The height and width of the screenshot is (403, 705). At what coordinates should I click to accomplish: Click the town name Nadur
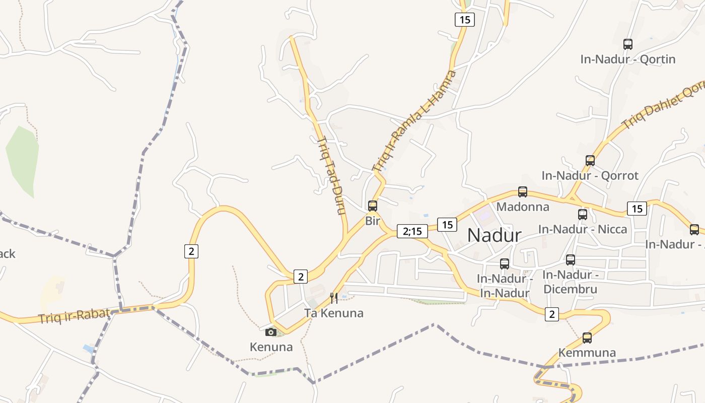click(494, 235)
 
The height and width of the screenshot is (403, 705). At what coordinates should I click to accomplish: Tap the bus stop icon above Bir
click(373, 206)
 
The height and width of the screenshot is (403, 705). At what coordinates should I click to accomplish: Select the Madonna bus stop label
click(523, 207)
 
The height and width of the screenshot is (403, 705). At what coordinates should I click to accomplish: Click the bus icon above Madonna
click(523, 192)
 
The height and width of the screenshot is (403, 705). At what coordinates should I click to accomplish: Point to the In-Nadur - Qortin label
click(627, 59)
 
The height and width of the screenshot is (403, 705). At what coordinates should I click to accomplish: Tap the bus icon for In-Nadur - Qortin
click(627, 44)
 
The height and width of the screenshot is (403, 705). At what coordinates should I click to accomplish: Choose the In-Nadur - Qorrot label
click(590, 175)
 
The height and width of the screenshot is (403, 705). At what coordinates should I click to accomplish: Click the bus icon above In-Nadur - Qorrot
click(590, 161)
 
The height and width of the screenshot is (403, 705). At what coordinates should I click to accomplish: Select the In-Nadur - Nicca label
click(583, 229)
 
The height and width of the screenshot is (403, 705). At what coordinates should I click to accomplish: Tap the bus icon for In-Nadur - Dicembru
click(570, 260)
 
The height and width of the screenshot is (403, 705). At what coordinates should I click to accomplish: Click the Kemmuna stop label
click(587, 352)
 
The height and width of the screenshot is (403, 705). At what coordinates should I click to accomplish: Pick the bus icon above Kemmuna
click(587, 338)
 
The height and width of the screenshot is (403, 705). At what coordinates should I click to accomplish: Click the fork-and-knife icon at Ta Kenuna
click(333, 298)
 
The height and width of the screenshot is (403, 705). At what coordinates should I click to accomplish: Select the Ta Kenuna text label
click(333, 313)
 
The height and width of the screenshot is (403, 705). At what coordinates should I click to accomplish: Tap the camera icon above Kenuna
click(271, 332)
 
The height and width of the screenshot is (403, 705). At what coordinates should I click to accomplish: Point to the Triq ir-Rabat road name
click(74, 316)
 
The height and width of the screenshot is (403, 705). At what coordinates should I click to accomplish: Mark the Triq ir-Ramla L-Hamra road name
click(413, 121)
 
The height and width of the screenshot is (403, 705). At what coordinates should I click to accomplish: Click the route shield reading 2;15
click(412, 231)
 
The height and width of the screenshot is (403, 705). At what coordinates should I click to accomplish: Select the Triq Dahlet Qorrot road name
click(662, 107)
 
